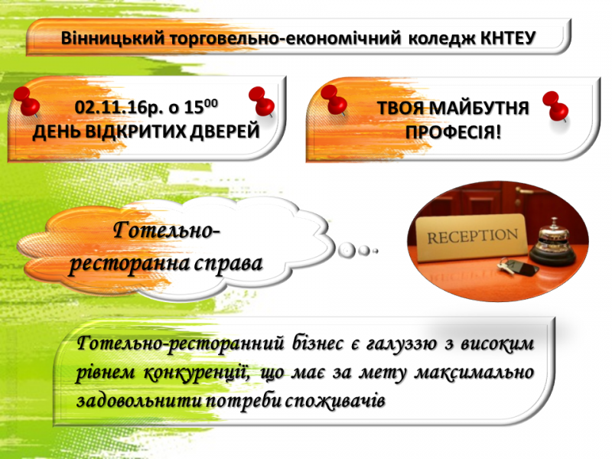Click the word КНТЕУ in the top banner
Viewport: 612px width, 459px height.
pos(508,38)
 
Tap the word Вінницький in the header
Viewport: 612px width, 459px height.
pos(112,39)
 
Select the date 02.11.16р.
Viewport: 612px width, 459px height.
pos(119,108)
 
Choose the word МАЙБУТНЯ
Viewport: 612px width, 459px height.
pos(480,109)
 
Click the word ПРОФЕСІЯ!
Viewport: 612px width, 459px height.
pos(453,132)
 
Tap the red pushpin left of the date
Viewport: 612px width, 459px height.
pos(27,101)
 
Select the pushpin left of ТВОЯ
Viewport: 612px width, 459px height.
pos(334,100)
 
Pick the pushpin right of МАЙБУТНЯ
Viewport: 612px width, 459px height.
pos(555,106)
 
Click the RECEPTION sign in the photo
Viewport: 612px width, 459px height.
pos(472,238)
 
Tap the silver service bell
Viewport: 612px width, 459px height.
pos(552,242)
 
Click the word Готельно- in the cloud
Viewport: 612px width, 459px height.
pos(167,230)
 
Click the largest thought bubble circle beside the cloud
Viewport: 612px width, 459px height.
pos(347,250)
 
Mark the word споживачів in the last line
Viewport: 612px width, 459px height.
pos(335,401)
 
